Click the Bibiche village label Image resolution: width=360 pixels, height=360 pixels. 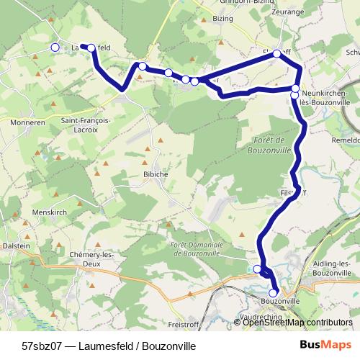pos(156,174)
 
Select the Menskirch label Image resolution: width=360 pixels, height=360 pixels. pos(50,212)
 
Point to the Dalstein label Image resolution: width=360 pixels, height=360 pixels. pos(16,246)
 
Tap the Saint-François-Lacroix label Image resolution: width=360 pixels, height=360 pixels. pos(86,125)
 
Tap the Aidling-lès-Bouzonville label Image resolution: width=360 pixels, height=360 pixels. pos(333,269)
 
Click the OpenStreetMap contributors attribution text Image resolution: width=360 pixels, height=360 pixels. pos(298,323)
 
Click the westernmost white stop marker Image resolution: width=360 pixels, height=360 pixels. pos(55,48)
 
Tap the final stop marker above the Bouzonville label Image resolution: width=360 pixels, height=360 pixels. pos(273,292)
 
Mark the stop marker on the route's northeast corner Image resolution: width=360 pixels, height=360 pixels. pos(276,53)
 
